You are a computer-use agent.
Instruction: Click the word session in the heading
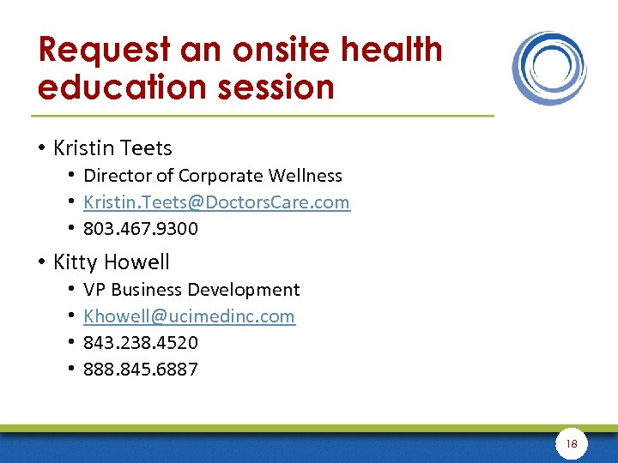[276, 87]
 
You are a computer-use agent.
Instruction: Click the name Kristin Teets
[112, 148]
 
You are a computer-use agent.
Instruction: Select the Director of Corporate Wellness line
[213, 176]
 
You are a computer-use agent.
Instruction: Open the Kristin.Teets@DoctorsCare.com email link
[216, 202]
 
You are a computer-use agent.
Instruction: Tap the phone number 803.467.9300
[141, 229]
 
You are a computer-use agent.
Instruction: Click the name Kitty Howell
[112, 262]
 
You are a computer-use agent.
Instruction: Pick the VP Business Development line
[191, 290]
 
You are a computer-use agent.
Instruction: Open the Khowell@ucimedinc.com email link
[189, 316]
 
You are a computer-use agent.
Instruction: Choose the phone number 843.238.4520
[141, 343]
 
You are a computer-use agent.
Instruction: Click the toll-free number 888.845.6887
[141, 370]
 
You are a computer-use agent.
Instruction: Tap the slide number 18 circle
[572, 443]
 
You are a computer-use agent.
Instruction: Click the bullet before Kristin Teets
[42, 149]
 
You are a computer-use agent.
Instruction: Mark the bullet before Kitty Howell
[42, 262]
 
